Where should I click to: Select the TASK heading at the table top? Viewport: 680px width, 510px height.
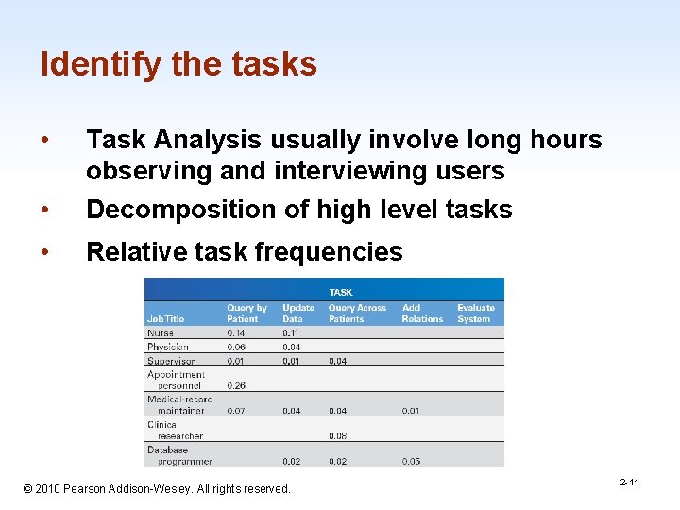(341, 292)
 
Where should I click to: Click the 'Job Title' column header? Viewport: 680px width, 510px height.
(166, 319)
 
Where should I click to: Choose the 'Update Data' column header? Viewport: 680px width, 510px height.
(298, 314)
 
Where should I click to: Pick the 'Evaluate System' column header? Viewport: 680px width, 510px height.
(476, 314)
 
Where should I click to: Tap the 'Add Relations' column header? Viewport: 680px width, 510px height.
(422, 314)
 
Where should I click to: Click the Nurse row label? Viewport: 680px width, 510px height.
(161, 333)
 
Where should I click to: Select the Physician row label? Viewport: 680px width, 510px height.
(168, 347)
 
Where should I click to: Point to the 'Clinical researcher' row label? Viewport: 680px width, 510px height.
(175, 431)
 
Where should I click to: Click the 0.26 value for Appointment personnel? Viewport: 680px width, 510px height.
(237, 385)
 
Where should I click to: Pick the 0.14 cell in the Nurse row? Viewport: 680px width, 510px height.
(237, 333)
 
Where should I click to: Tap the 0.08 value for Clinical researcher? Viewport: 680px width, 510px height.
(337, 436)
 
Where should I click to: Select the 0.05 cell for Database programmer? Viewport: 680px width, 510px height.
(412, 461)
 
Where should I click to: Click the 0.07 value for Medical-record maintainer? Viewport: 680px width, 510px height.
(237, 411)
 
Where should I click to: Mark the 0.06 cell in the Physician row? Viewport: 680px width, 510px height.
(237, 347)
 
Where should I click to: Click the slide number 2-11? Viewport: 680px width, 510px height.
(629, 483)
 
